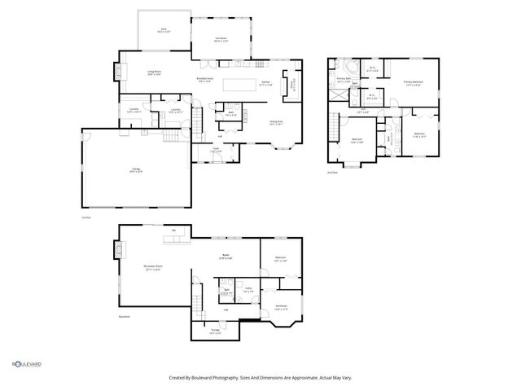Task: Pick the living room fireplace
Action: [123, 72]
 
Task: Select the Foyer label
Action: [215, 151]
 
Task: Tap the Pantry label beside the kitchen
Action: [291, 84]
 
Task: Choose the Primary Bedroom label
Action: [414, 82]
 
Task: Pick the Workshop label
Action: [282, 309]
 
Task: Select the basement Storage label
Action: [214, 332]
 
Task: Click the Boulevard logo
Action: [26, 363]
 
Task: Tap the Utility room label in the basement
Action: [247, 290]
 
